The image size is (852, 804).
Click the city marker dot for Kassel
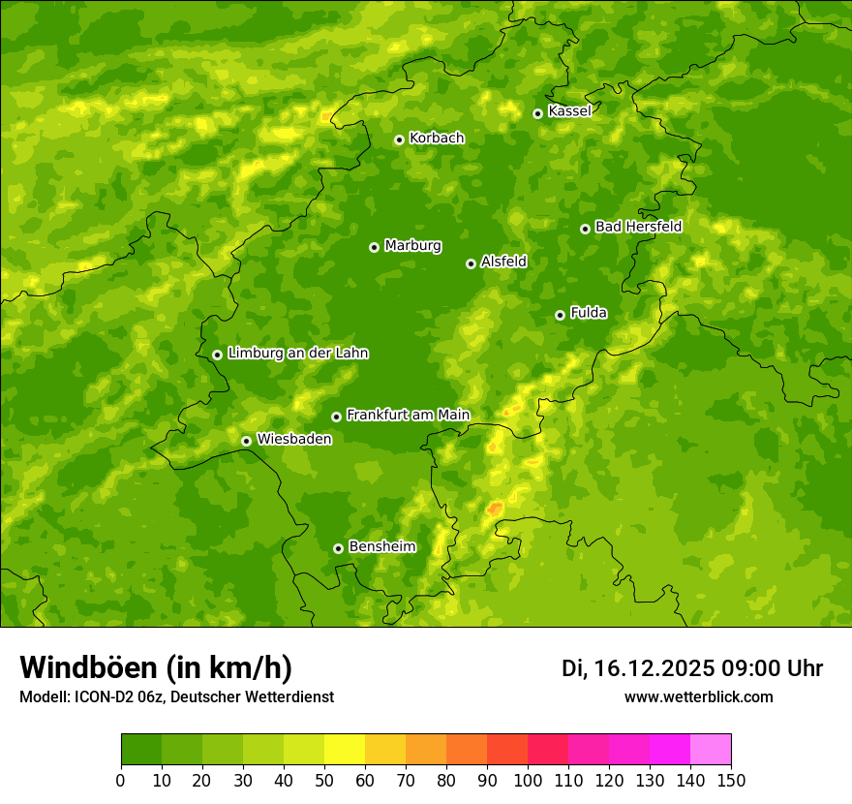pyautogui.click(x=537, y=113)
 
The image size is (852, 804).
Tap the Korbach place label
pyautogui.click(x=437, y=139)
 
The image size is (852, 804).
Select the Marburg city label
pyautogui.click(x=412, y=246)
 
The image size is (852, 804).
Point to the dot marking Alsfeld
pyautogui.click(x=471, y=263)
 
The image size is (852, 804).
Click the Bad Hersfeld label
pyautogui.click(x=638, y=227)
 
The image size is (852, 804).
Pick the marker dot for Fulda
pyautogui.click(x=560, y=315)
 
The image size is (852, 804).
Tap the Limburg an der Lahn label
pyautogui.click(x=297, y=354)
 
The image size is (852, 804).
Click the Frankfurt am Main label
pyautogui.click(x=408, y=416)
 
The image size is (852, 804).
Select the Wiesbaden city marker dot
pyautogui.click(x=246, y=441)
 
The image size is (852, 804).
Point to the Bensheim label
pyautogui.click(x=381, y=547)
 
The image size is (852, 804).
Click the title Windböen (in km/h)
pyautogui.click(x=156, y=667)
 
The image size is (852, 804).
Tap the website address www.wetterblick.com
pyautogui.click(x=698, y=696)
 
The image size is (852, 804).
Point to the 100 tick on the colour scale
pyautogui.click(x=528, y=780)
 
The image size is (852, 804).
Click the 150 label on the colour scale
pyautogui.click(x=731, y=780)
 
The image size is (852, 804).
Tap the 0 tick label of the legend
pyautogui.click(x=121, y=780)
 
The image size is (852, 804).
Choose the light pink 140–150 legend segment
pyautogui.click(x=711, y=750)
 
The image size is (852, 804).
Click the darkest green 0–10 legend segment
pyautogui.click(x=141, y=750)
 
